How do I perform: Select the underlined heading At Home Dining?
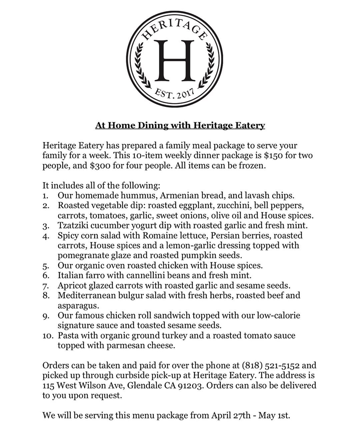[180, 125]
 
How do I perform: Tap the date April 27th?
[230, 416]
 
